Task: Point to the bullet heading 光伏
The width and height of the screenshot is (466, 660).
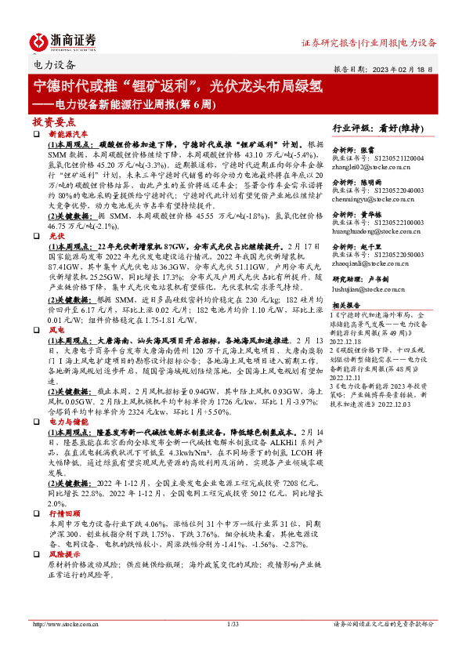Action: click(x=56, y=235)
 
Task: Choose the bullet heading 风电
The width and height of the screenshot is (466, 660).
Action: click(x=56, y=331)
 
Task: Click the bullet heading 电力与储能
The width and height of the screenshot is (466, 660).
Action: click(x=67, y=422)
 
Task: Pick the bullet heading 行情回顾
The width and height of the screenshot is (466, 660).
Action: click(x=63, y=513)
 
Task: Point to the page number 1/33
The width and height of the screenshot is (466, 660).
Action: click(x=232, y=624)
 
